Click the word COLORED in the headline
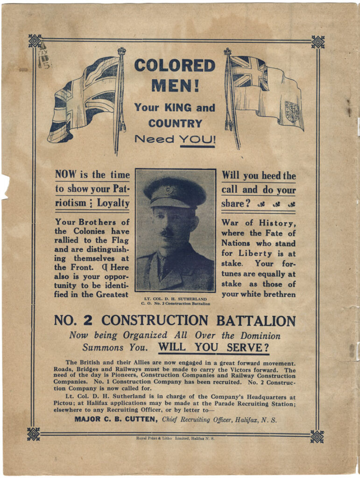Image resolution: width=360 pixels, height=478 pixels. [x=175, y=65]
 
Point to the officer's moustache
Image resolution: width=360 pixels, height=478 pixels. [x=169, y=232]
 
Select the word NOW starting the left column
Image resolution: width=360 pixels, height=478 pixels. [x=65, y=175]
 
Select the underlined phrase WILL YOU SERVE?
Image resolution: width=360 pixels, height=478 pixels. [x=213, y=348]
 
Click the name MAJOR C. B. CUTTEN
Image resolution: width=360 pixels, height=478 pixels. [x=116, y=419]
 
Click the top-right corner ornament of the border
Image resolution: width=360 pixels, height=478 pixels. [x=318, y=42]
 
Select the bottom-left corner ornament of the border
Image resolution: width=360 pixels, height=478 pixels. [x=33, y=434]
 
